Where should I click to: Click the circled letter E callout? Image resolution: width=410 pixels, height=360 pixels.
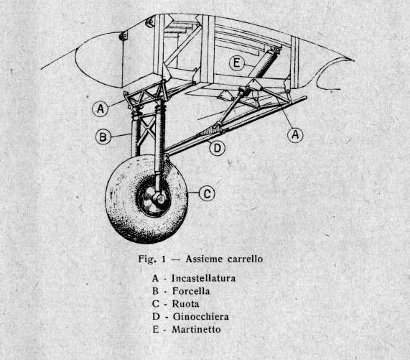pos(236,63)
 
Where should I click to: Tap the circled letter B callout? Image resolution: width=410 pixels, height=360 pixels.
pos(103,137)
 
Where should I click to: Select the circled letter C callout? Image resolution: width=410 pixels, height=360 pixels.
pos(207,194)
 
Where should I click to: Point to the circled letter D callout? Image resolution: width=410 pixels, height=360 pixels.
pos(218,148)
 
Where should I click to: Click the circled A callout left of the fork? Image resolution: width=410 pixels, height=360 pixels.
pos(101,109)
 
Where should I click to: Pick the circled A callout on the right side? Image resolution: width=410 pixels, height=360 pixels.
pos(295,134)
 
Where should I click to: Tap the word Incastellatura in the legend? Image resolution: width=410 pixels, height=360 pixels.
pos(203,278)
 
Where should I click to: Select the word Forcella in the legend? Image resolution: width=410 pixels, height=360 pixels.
pos(191,291)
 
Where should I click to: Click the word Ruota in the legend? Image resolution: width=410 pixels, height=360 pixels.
pos(185,304)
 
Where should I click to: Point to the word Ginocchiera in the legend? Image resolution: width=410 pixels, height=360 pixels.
pos(200,317)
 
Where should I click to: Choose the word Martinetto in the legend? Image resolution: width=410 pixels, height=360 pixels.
pos(196,329)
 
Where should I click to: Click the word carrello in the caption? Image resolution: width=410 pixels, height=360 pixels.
pos(245,259)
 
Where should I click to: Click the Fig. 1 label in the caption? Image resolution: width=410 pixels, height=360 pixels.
pos(152,259)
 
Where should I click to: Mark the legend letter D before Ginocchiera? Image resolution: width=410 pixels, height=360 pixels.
pos(156,317)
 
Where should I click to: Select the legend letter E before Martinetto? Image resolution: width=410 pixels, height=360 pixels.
pos(155,329)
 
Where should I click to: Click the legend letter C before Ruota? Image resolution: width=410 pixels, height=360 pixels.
pos(156,304)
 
